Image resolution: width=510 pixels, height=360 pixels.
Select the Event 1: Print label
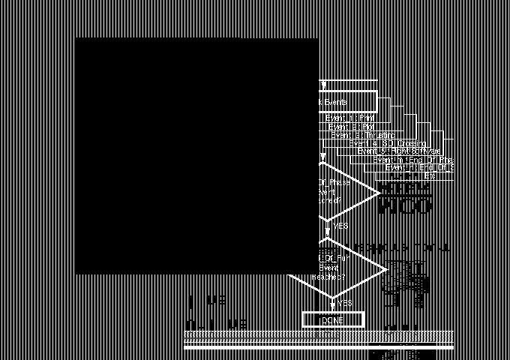pos(349,118)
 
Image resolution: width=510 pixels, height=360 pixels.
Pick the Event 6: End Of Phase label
pos(413,160)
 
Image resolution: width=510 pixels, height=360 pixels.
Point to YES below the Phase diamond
pos(340,226)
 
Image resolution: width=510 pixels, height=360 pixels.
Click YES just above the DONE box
pos(344,303)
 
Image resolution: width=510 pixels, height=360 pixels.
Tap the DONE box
pos(332,320)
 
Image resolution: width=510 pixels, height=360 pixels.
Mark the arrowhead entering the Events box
pos(323,86)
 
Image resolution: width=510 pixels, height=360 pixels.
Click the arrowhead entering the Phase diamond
pos(323,157)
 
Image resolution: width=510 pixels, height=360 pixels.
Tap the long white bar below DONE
pos(319,347)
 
